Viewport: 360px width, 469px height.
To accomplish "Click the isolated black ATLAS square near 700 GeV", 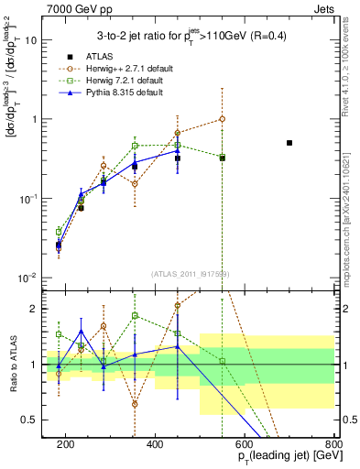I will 289,143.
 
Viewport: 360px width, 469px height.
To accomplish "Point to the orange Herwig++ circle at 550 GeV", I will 222,119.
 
